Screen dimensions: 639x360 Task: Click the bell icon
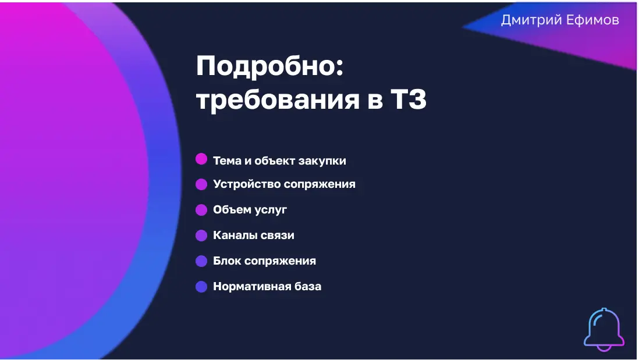(604, 329)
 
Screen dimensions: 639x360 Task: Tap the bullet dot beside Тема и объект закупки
(201, 159)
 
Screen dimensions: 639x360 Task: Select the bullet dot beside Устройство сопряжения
(201, 184)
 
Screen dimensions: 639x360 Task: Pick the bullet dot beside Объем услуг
(201, 210)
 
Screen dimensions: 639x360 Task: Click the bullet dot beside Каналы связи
(201, 236)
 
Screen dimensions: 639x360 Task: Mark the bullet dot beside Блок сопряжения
(201, 261)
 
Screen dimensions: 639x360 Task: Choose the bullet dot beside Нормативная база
(201, 287)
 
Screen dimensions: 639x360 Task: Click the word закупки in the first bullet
(322, 161)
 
